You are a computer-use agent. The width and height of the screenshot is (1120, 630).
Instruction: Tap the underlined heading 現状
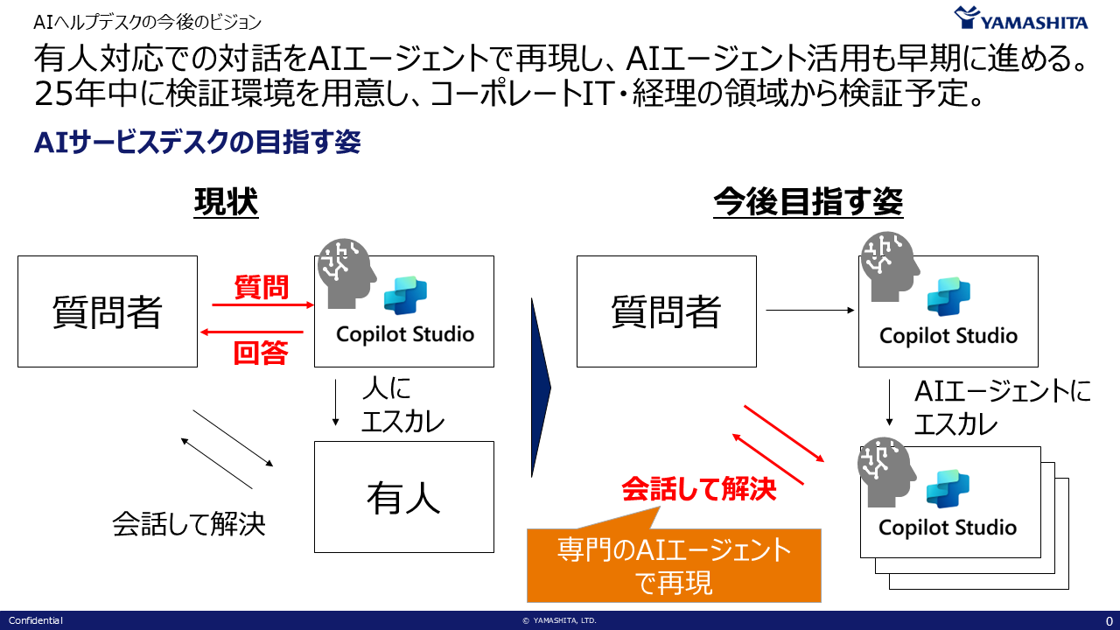tap(226, 203)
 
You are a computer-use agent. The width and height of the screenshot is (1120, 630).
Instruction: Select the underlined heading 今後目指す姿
tap(808, 203)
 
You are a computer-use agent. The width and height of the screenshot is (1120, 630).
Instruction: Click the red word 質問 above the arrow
tap(262, 286)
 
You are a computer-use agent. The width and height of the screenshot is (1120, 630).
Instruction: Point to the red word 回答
tap(261, 352)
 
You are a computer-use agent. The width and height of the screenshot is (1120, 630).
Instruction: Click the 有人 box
tap(403, 497)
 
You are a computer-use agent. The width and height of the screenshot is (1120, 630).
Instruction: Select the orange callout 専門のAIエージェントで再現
tap(674, 565)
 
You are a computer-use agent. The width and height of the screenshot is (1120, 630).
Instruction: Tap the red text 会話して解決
tap(698, 488)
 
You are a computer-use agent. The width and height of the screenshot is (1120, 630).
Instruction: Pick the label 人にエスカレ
tap(402, 405)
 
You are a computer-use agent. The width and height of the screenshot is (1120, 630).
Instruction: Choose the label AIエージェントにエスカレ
tap(1002, 408)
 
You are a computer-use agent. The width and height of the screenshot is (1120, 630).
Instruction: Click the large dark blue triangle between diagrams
tap(540, 388)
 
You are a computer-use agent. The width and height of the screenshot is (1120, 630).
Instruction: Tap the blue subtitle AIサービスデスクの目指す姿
tap(197, 143)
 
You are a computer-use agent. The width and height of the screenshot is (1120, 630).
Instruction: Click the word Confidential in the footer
tap(36, 620)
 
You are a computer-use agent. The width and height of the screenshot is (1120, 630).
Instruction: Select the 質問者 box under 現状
tap(108, 311)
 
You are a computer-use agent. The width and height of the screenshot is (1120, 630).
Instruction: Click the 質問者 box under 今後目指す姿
tap(666, 311)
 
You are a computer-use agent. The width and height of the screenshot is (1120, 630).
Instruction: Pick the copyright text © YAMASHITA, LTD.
tap(559, 620)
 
